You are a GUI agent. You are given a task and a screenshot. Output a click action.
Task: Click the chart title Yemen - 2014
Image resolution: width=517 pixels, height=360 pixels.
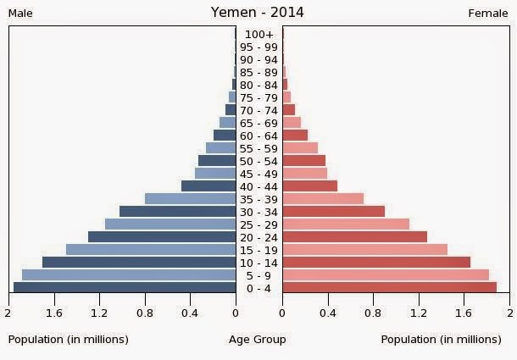257,13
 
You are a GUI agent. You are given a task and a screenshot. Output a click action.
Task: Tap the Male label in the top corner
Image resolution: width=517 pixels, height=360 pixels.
20,14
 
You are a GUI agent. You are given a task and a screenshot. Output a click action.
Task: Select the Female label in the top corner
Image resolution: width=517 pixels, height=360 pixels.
487,14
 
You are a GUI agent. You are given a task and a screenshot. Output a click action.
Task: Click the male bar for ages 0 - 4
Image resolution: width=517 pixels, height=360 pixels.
125,288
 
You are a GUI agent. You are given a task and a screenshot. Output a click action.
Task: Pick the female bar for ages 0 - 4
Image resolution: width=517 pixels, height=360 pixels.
389,288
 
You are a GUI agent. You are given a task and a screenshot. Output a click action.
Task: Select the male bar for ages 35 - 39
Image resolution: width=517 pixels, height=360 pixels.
190,199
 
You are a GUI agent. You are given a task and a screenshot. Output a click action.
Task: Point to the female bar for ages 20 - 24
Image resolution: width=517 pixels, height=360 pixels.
354,237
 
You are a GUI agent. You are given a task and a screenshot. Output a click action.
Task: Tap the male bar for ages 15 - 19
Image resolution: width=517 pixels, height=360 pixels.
151,250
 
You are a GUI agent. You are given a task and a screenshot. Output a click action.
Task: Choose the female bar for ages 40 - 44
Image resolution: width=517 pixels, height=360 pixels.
309,186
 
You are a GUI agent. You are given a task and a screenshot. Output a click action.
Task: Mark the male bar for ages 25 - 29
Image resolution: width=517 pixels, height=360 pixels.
170,224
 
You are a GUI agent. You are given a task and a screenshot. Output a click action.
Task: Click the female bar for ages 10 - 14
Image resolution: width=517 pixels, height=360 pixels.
376,263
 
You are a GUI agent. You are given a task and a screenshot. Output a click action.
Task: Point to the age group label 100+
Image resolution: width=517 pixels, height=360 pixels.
258,35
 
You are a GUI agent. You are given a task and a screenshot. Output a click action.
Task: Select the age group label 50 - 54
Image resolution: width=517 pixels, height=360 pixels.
258,161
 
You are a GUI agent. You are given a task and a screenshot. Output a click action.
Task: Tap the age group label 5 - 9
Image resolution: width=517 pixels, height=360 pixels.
258,275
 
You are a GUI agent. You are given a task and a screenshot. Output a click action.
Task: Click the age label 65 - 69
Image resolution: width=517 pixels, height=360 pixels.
258,124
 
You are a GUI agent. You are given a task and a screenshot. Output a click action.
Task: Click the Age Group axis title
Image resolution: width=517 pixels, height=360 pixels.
258,340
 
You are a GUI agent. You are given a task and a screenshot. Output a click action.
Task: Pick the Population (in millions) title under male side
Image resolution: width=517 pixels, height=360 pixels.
69,340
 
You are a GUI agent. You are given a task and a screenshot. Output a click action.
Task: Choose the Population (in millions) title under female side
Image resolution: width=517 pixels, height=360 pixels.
441,340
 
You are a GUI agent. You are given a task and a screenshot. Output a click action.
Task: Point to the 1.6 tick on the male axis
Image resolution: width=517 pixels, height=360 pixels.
55,313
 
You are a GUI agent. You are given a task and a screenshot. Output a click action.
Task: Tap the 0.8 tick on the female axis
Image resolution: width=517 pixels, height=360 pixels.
373,313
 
